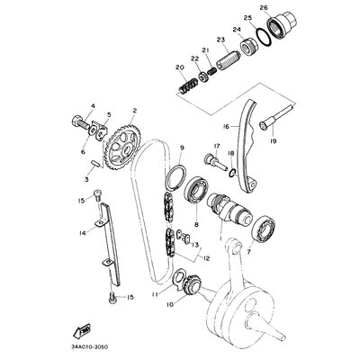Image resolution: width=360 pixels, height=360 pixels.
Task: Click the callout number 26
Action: pos(264,8)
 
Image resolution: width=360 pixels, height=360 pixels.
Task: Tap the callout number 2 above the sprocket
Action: pos(132,111)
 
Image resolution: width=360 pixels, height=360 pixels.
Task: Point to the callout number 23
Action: pos(220,40)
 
